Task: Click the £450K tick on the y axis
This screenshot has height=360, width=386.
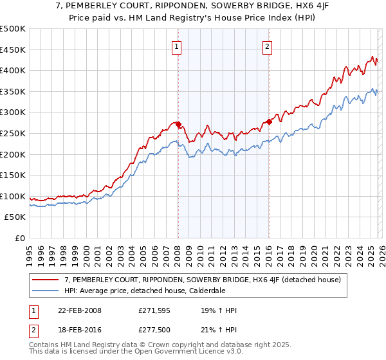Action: [x=13, y=50]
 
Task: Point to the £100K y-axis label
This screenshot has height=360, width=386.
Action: [x=13, y=196]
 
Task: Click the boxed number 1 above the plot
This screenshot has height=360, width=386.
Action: [x=176, y=46]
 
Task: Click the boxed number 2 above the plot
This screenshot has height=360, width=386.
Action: [x=267, y=46]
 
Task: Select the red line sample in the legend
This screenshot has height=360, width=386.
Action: [x=46, y=280]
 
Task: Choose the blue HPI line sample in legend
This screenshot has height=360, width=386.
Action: [x=46, y=290]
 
